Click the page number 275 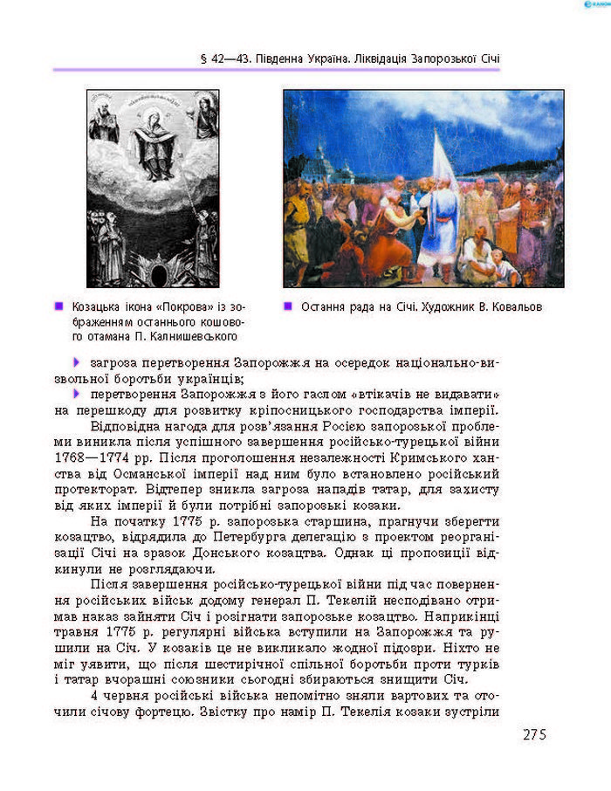tap(534, 734)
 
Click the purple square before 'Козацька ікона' tap(59, 307)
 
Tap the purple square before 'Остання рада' tap(289, 307)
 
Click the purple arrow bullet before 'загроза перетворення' tap(77, 361)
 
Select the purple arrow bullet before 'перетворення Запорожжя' tap(77, 393)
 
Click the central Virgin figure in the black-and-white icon tap(153, 140)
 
